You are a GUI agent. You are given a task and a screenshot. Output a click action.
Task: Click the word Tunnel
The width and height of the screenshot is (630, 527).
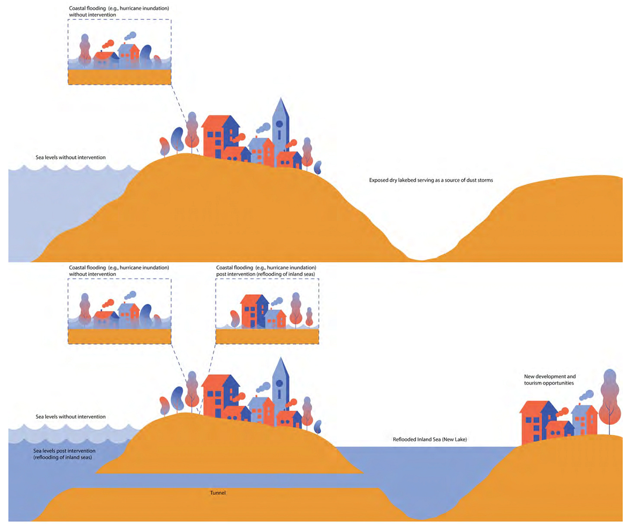tap(218, 493)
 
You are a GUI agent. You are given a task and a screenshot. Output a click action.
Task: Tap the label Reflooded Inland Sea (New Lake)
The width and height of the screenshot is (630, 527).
tap(429, 439)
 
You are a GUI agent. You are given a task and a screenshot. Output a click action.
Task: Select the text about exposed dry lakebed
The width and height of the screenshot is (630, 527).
tap(431, 180)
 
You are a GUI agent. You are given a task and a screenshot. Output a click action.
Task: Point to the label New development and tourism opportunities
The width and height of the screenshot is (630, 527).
tap(550, 380)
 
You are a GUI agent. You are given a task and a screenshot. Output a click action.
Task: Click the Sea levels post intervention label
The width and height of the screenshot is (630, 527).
tap(64, 454)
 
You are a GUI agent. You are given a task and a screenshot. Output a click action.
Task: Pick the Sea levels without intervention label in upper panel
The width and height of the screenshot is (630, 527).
tap(71, 157)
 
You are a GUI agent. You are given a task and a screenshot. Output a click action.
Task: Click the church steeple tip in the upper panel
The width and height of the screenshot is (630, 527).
tap(281, 100)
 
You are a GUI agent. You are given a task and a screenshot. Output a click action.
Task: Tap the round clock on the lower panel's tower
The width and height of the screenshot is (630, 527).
tap(280, 383)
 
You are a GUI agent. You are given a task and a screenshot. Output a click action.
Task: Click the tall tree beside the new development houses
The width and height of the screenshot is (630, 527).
tap(610, 398)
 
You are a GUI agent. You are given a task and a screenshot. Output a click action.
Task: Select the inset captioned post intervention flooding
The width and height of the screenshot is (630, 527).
tap(267, 311)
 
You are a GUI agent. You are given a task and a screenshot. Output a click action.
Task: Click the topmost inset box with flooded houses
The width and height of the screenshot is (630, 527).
tap(119, 52)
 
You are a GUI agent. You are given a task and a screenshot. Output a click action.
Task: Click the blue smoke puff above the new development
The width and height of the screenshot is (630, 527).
tap(587, 395)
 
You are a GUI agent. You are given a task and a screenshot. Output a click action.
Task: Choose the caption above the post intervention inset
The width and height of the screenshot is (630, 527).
tap(266, 271)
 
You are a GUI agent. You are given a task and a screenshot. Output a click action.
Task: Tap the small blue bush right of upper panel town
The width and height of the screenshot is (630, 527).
tap(318, 167)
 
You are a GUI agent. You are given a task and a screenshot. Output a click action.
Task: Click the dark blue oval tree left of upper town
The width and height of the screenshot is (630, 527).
tap(177, 139)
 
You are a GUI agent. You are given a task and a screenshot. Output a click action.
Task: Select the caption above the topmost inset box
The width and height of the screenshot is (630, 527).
tap(119, 11)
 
